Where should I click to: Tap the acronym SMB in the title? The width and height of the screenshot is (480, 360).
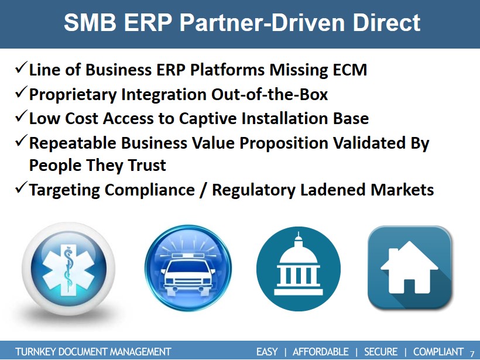coord(90,23)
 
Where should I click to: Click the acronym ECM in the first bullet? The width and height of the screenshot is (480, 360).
coord(350,70)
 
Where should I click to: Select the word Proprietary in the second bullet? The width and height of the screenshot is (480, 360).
coord(73,95)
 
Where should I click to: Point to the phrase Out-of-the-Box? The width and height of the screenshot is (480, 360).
coord(269,94)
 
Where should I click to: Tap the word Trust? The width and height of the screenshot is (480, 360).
coord(147,165)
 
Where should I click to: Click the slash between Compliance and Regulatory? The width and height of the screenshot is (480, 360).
coord(203,190)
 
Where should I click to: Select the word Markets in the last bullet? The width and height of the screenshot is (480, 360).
coord(402,190)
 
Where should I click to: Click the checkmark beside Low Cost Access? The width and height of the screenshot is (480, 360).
coord(21,116)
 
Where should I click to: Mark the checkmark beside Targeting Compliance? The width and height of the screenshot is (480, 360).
coord(21,187)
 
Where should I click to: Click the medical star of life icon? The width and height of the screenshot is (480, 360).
coord(68,269)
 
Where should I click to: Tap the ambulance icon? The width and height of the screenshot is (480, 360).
coord(188,268)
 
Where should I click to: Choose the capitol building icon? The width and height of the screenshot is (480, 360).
coord(299,269)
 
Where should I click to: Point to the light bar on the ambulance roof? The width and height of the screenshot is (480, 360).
coord(187,256)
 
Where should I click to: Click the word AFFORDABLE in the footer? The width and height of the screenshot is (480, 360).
coord(321,352)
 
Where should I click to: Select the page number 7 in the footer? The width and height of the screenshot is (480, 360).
coord(472,352)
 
